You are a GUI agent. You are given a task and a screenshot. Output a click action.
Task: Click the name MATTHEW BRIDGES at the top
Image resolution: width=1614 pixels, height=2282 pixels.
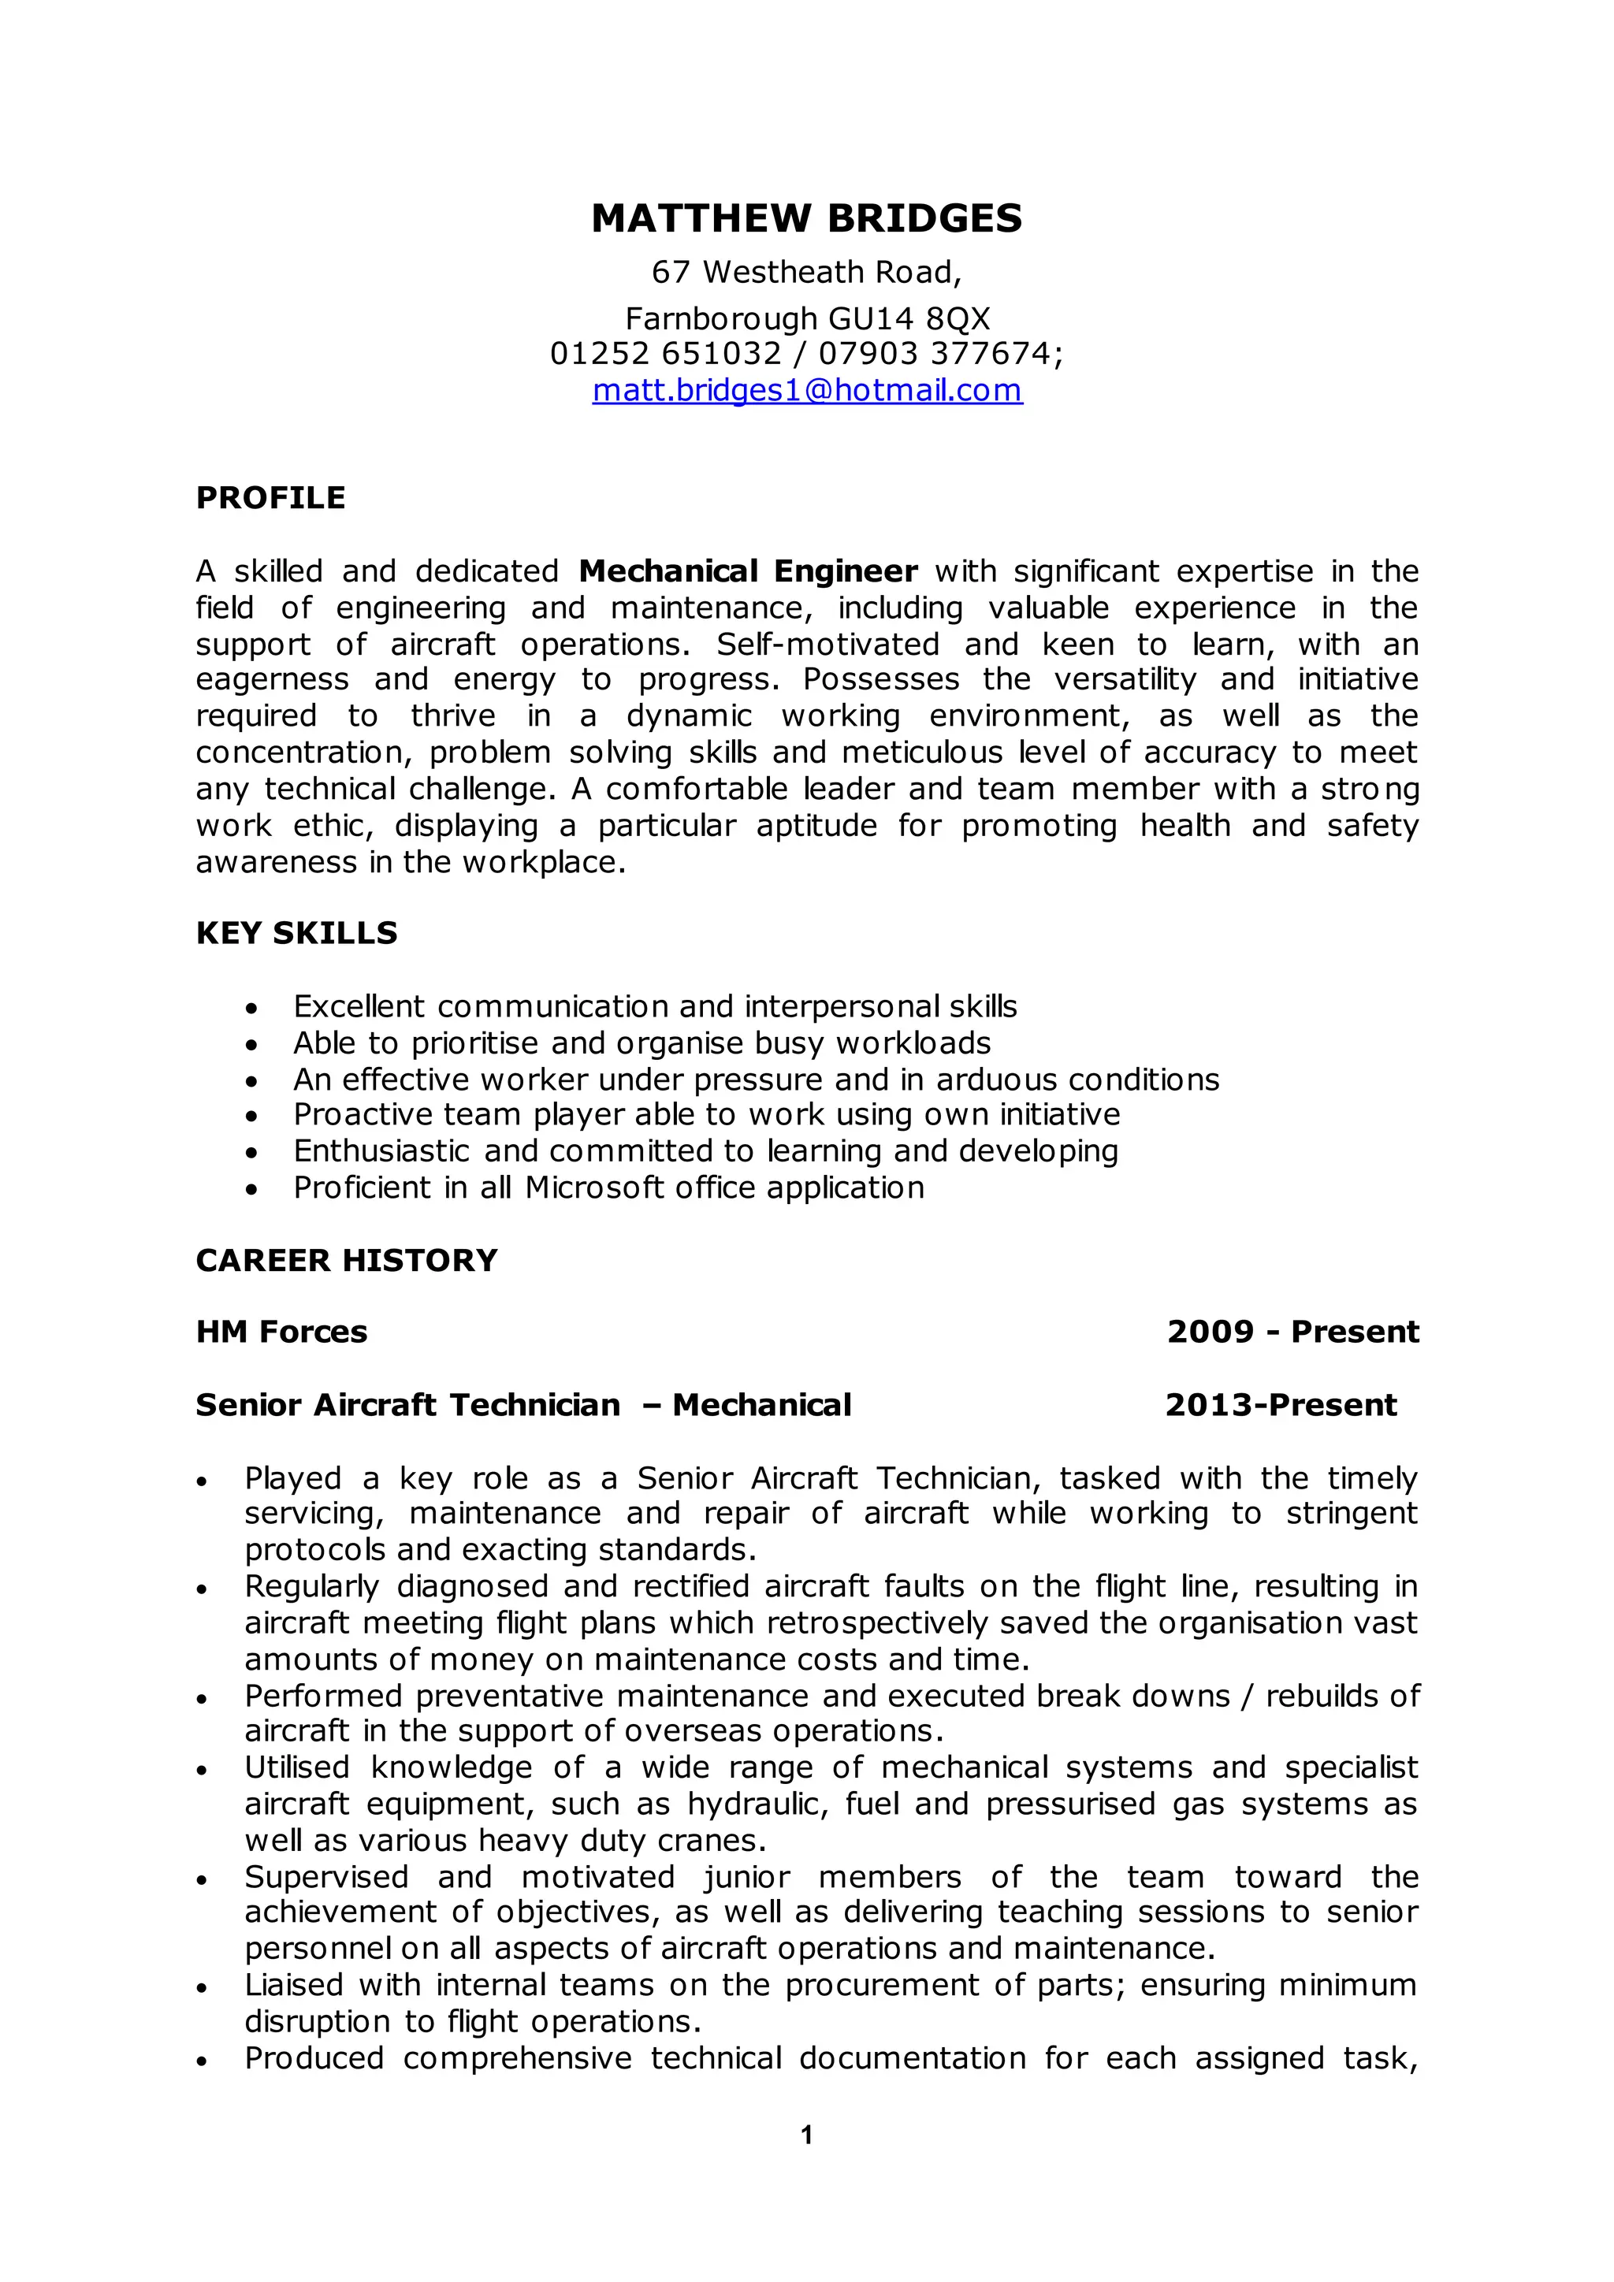coord(806,218)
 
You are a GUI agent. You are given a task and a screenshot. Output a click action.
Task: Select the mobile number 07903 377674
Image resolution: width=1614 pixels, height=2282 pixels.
coord(934,353)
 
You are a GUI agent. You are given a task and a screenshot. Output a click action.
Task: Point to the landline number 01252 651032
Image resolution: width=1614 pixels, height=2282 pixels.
coord(666,353)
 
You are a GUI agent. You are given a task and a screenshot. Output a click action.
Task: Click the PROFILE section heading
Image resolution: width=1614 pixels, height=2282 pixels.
coord(270,497)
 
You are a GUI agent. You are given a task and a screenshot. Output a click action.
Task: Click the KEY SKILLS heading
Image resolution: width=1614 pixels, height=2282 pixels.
coord(296,932)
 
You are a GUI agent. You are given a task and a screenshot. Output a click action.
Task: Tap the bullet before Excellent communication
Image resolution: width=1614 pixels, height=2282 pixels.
coord(252,1009)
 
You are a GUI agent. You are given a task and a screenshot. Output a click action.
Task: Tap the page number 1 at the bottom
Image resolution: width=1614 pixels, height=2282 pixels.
coord(806,2134)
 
